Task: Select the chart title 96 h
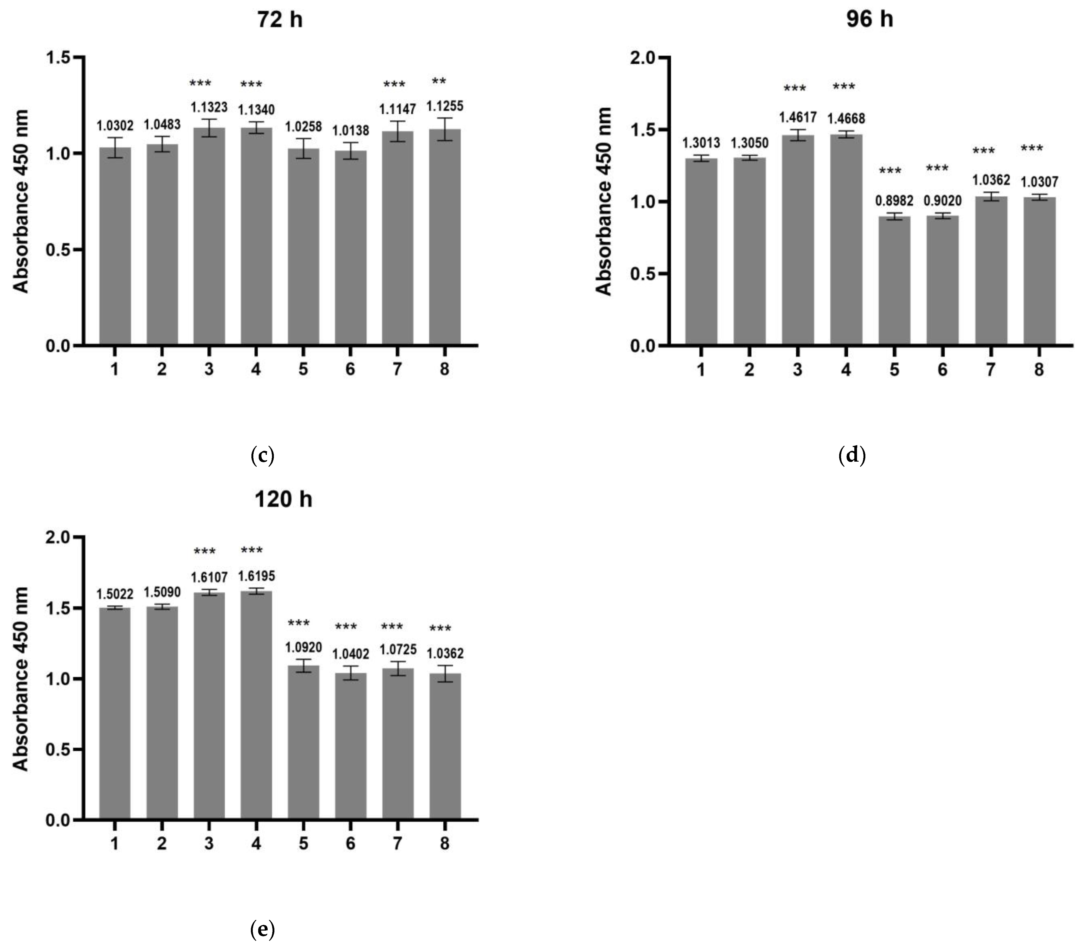click(869, 19)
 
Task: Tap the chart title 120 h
click(283, 499)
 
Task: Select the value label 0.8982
click(894, 201)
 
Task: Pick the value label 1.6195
click(256, 576)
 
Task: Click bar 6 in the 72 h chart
click(350, 248)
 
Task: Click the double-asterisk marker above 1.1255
click(439, 81)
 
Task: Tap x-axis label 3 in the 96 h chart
click(797, 370)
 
